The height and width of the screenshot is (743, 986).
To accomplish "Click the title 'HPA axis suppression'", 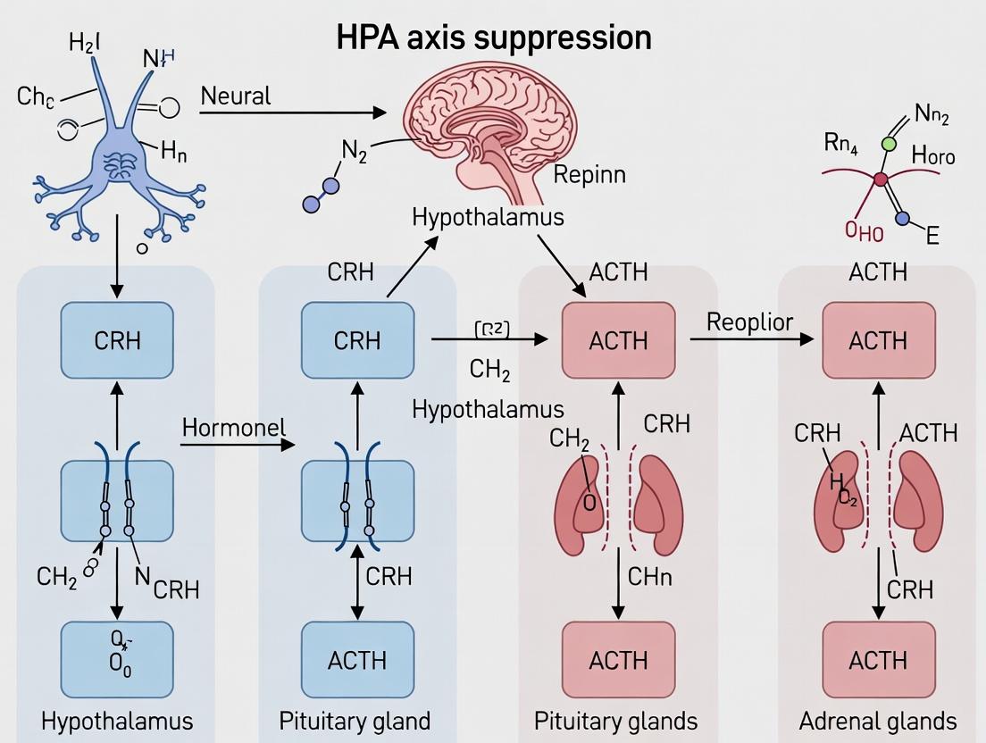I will [493, 38].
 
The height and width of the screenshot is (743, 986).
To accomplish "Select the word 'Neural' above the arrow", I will [235, 96].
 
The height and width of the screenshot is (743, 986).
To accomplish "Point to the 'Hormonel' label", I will [234, 428].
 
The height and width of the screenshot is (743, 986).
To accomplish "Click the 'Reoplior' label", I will [749, 322].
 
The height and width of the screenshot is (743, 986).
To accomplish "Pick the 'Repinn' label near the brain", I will [589, 174].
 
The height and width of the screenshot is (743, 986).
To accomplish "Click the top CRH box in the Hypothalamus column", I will [116, 340].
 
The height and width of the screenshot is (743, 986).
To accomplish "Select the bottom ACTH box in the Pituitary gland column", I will [357, 660].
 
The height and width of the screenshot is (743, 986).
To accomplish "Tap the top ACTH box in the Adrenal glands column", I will [879, 340].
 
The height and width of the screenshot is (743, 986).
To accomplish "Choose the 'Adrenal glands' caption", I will [878, 721].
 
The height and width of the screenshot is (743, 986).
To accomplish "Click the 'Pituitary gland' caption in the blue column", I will [355, 721].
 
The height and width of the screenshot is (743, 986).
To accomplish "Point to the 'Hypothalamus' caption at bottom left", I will [117, 721].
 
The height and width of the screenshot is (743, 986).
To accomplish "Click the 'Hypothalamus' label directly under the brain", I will [488, 217].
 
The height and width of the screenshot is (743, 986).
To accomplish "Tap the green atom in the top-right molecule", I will [888, 143].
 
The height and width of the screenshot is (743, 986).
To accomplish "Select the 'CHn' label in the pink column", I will [649, 576].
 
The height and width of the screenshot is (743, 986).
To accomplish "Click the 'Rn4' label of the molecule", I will [840, 145].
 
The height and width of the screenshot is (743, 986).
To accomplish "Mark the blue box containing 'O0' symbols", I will [116, 660].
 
